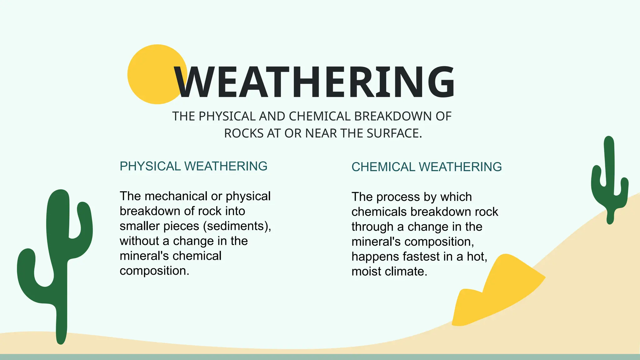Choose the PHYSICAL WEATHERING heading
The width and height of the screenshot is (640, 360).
pyautogui.click(x=193, y=166)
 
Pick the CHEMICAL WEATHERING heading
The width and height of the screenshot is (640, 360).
pyautogui.click(x=427, y=167)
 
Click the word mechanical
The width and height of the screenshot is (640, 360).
pyautogui.click(x=176, y=196)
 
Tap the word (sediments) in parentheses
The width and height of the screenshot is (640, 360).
pyautogui.click(x=237, y=226)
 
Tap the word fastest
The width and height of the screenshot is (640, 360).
pyautogui.click(x=421, y=257)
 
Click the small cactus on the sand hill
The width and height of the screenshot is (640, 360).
pyautogui.click(x=609, y=181)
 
